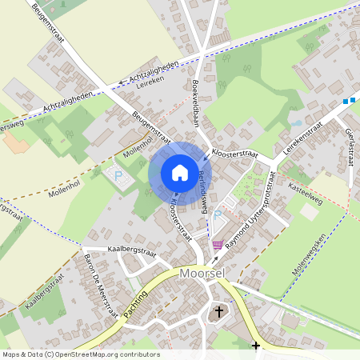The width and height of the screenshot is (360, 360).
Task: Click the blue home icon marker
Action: pyautogui.click(x=179, y=173)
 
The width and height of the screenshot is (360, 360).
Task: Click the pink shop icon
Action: pyautogui.click(x=217, y=244)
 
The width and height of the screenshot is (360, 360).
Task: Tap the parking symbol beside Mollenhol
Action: pyautogui.click(x=118, y=175)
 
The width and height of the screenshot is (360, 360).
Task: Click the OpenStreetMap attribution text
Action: pyautogui.click(x=80, y=354)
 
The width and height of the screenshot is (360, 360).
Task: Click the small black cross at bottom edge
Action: pyautogui.click(x=256, y=346)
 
